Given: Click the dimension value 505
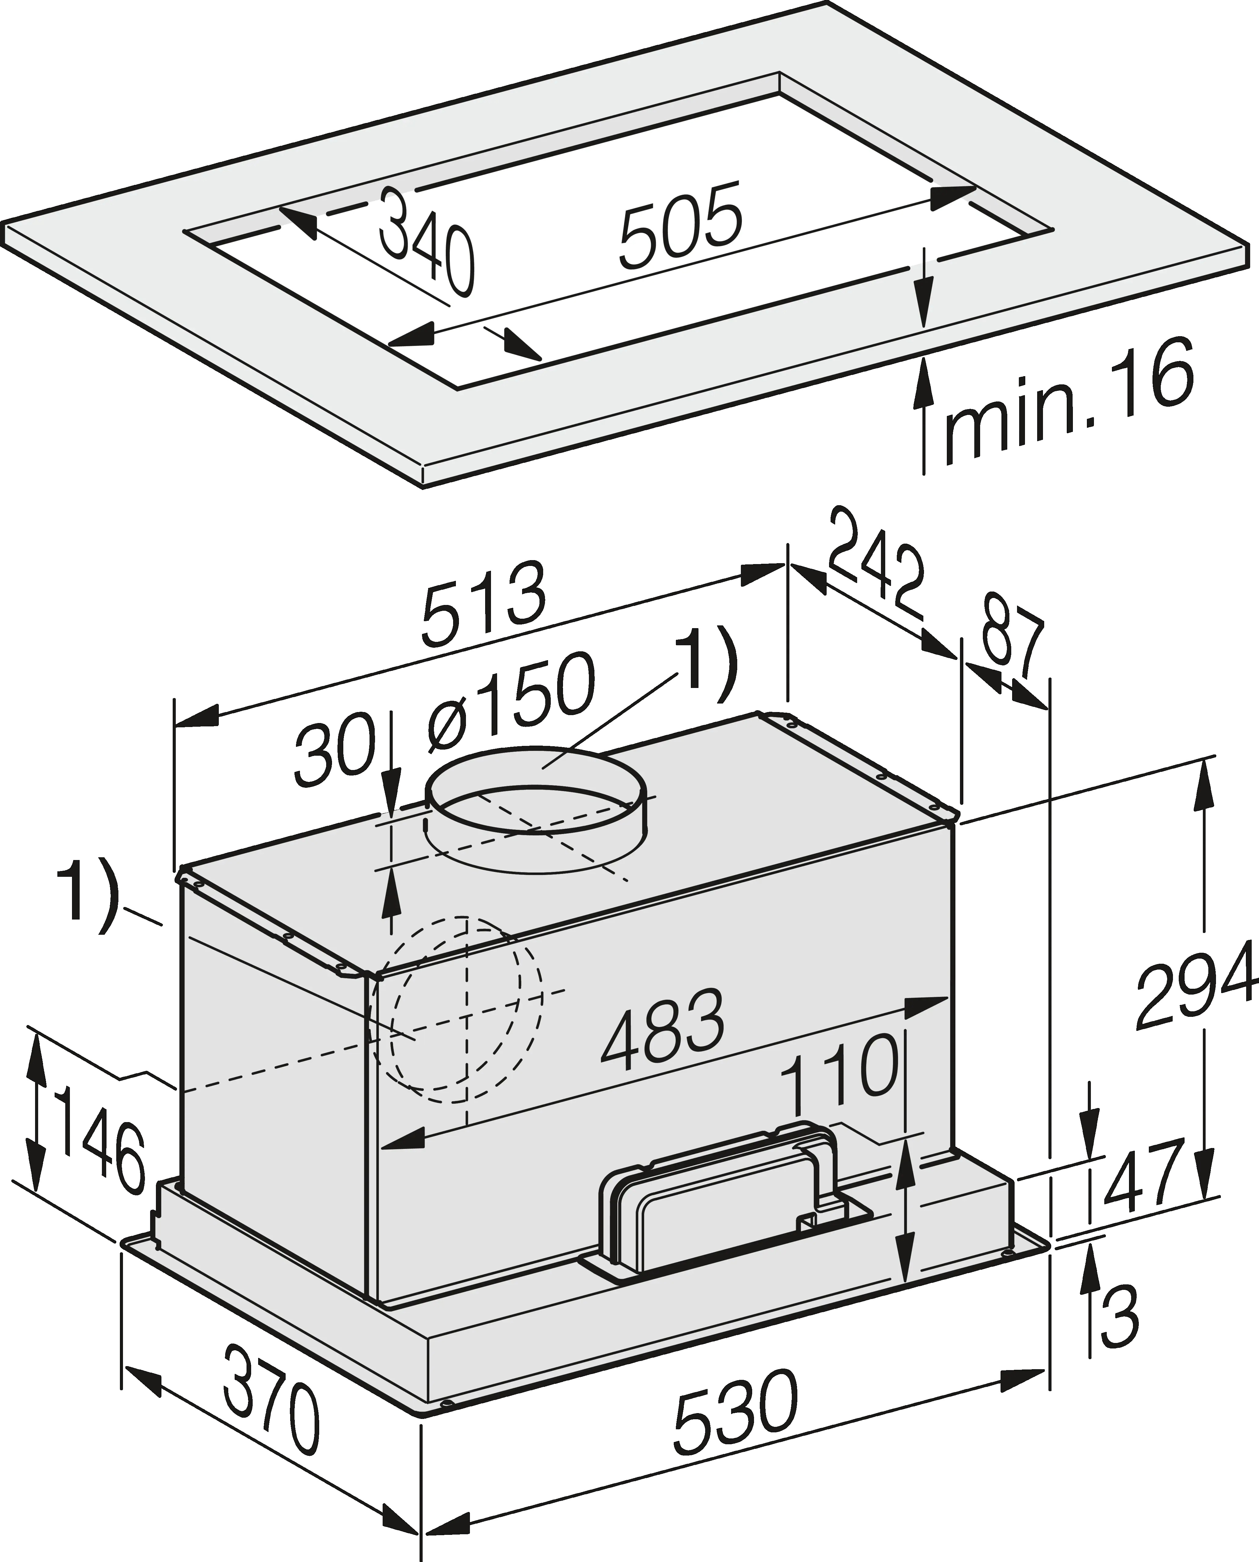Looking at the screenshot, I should click(x=682, y=225).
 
